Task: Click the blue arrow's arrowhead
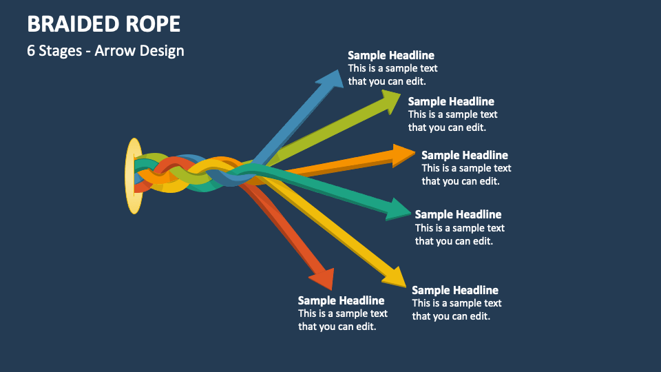pyautogui.click(x=331, y=78)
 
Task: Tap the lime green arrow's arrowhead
pyautogui.click(x=390, y=102)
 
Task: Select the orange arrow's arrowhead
pyautogui.click(x=403, y=155)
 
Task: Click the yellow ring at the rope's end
pyautogui.click(x=134, y=176)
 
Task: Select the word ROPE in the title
pyautogui.click(x=155, y=24)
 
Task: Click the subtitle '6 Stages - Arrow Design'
pyautogui.click(x=105, y=51)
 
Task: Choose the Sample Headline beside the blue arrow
pyautogui.click(x=391, y=55)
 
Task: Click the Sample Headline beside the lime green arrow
pyautogui.click(x=451, y=101)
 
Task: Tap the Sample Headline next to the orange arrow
pyautogui.click(x=465, y=155)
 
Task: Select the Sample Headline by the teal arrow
pyautogui.click(x=458, y=214)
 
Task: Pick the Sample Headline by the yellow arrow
pyautogui.click(x=455, y=290)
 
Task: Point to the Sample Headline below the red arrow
pyautogui.click(x=341, y=300)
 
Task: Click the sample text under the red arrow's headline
pyautogui.click(x=342, y=320)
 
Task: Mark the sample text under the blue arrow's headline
pyautogui.click(x=392, y=74)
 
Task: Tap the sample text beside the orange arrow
pyautogui.click(x=466, y=174)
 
